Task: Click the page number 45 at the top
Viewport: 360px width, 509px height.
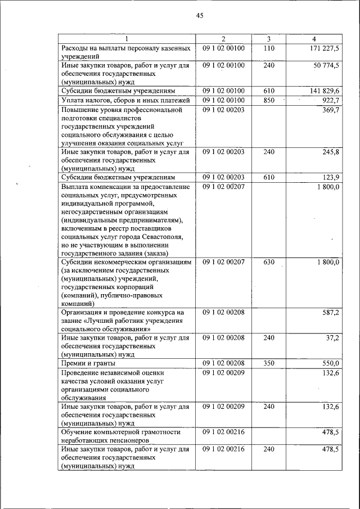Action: [200, 16]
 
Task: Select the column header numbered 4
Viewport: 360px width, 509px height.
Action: [313, 39]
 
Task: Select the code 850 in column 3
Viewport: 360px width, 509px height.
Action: [268, 100]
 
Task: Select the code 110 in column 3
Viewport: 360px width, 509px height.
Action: [268, 48]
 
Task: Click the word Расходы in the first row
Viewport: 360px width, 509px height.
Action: [75, 48]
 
